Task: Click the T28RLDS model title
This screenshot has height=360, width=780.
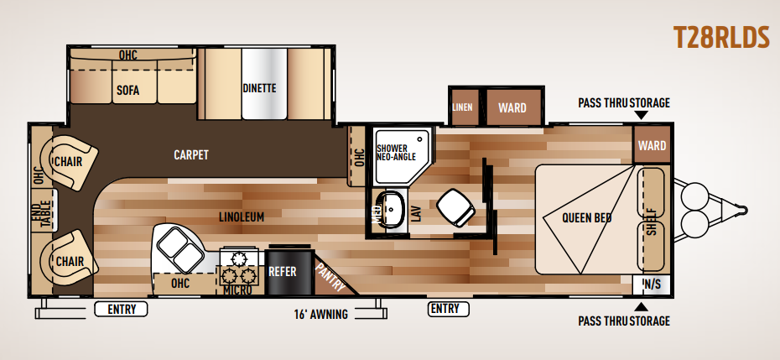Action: (721, 38)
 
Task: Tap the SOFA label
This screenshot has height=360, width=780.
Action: (127, 91)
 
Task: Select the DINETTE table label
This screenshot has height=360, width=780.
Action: (259, 88)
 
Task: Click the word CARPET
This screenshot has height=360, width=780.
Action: (191, 155)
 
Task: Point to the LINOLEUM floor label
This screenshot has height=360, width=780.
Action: (242, 217)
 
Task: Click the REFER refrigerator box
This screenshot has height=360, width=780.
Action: (282, 272)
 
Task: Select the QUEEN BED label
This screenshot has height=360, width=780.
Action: (587, 218)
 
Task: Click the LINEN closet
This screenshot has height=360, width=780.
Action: (464, 107)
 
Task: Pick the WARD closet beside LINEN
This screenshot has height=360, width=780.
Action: (512, 107)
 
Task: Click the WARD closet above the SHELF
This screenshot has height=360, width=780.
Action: (652, 145)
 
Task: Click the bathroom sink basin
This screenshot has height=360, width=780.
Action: (393, 210)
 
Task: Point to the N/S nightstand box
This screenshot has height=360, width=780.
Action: (652, 284)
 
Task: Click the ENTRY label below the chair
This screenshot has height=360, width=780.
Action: (122, 310)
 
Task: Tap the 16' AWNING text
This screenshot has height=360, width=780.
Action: (321, 314)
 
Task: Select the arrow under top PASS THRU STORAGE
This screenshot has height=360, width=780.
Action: (642, 116)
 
